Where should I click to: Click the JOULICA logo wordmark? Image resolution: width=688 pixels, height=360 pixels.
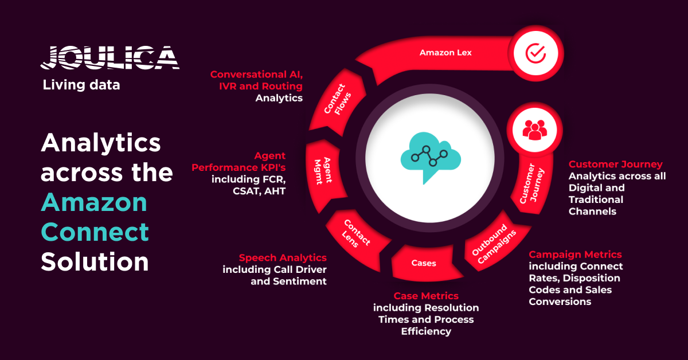tap(110, 57)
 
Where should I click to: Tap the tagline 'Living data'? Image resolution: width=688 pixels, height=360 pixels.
tap(81, 85)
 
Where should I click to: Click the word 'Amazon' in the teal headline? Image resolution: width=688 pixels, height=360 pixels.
tap(94, 202)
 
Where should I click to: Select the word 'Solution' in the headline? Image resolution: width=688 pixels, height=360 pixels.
tap(95, 261)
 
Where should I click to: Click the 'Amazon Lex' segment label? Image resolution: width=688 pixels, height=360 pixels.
tap(438, 53)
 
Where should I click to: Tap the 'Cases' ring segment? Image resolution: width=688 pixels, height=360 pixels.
tap(424, 263)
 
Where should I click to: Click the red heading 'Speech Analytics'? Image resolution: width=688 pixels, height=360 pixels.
tap(283, 258)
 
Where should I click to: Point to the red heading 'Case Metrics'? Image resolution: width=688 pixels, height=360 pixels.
tap(426, 296)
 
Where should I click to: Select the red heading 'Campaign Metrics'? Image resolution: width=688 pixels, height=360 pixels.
tap(575, 255)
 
